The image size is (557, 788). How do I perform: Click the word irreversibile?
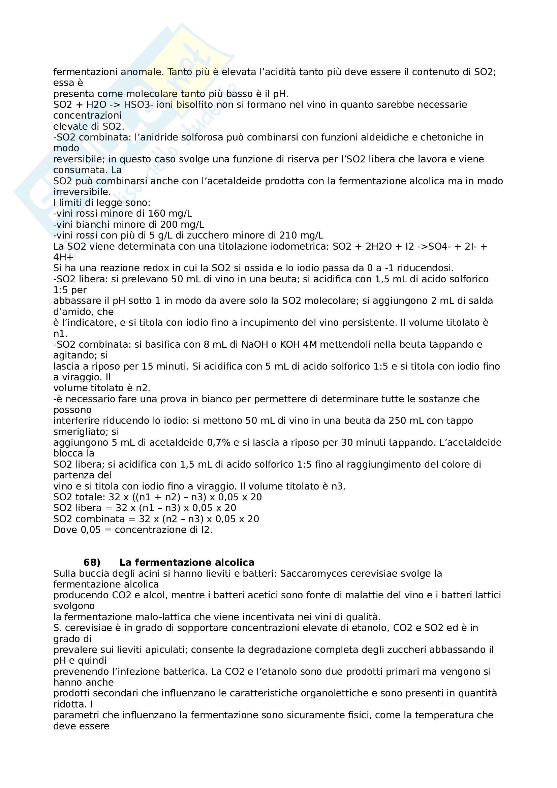(x=82, y=192)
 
